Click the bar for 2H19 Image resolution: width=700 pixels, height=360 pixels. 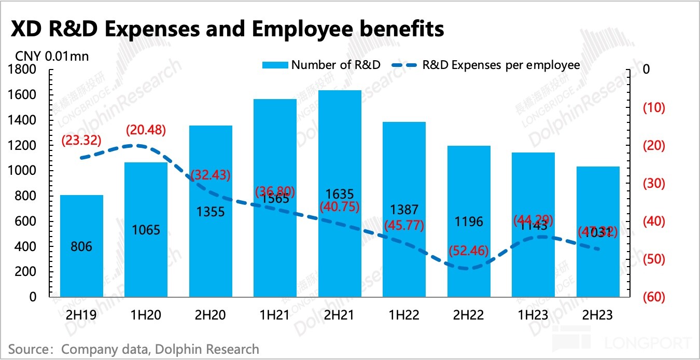tap(81, 246)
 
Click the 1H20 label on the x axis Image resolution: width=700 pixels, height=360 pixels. tap(146, 315)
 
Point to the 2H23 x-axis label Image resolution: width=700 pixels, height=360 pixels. tap(598, 315)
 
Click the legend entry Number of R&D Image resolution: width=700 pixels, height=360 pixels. tap(335, 65)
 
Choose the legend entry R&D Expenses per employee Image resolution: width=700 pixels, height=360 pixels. tap(500, 65)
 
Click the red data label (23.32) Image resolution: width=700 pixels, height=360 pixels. tap(81, 140)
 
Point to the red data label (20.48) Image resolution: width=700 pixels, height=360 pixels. tap(146, 130)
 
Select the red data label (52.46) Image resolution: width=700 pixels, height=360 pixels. tap(469, 251)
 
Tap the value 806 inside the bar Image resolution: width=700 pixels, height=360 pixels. tap(81, 246)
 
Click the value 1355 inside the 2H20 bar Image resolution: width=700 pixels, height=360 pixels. tap(211, 212)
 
